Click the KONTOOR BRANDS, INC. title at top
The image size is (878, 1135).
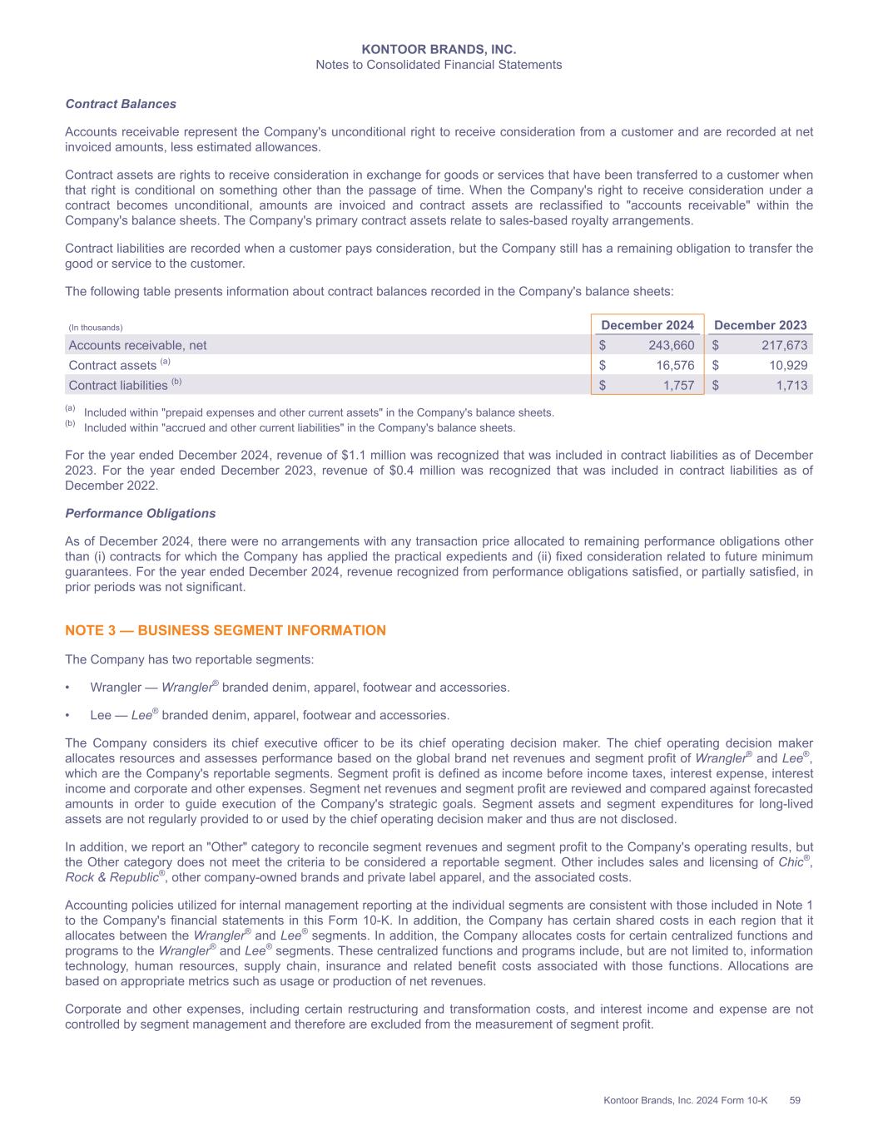[x=439, y=50]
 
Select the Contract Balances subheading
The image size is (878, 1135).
[x=121, y=104]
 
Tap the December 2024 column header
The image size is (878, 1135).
[x=647, y=325]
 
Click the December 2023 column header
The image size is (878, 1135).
[x=761, y=325]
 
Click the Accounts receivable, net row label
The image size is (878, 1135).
[x=137, y=345]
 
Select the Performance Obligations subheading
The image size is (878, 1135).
[x=140, y=513]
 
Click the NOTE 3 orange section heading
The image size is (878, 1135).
[x=226, y=630]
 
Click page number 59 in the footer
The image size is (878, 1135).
[x=795, y=1101]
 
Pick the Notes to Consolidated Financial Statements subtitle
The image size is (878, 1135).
[x=439, y=65]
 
